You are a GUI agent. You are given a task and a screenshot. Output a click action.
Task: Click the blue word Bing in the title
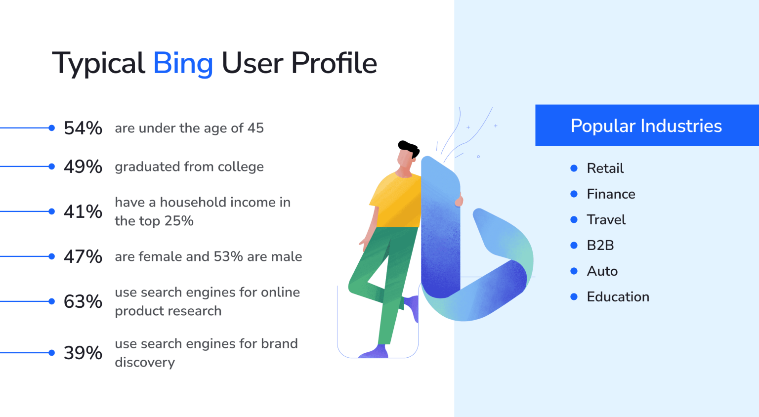point(183,64)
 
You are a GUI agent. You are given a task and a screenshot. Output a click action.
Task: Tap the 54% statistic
point(83,128)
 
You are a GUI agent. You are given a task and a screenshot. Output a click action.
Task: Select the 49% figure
point(83,167)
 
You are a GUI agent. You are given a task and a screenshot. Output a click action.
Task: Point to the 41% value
point(83,212)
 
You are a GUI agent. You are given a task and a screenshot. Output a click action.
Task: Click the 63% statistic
point(83,302)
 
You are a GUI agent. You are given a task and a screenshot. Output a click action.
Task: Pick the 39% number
point(83,353)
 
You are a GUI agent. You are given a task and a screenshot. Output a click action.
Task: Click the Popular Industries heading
point(646,126)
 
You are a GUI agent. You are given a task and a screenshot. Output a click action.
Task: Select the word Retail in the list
point(605,168)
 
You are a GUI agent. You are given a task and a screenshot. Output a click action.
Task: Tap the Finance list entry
point(611,194)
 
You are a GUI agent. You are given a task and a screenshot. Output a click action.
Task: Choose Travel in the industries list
point(606,220)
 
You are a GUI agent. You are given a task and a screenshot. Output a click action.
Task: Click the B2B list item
point(600,246)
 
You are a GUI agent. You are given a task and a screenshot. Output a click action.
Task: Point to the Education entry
point(618,297)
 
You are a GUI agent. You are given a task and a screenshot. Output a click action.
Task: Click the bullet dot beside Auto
point(574,271)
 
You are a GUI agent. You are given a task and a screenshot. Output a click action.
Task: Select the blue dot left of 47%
point(52,256)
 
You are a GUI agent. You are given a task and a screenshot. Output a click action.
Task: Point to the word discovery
point(145,363)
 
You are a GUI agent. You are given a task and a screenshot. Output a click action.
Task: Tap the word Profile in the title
point(334,64)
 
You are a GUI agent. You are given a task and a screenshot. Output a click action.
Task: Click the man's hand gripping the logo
point(460,201)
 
